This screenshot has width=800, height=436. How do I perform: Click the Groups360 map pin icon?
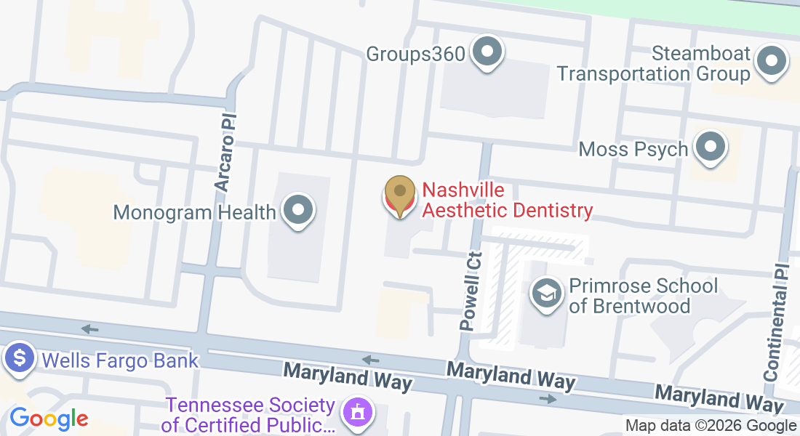[487, 53]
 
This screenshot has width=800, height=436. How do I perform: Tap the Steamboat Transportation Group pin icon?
[772, 62]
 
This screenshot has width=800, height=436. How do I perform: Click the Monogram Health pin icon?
[297, 211]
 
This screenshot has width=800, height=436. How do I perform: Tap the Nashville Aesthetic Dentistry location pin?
[399, 193]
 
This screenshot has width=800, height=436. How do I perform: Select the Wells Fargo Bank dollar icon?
[20, 359]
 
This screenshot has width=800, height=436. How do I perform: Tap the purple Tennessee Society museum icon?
[357, 413]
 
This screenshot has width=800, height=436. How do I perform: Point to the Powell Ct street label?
[471, 291]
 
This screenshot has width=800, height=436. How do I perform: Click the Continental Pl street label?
[777, 332]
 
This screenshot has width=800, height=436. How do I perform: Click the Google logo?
[49, 419]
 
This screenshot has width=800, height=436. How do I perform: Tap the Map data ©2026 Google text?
[711, 426]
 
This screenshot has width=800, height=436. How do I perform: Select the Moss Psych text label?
[633, 150]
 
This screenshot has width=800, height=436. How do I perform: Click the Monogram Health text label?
[195, 212]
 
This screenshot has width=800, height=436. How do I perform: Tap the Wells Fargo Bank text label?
[120, 360]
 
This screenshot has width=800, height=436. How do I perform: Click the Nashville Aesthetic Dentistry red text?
[507, 201]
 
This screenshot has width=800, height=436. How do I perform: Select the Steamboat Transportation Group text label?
[653, 63]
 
